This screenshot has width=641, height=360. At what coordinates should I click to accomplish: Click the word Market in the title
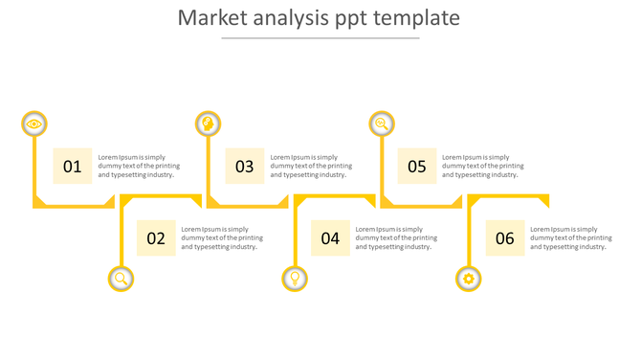[x=210, y=18]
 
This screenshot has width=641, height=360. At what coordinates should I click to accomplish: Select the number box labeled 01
[x=73, y=167]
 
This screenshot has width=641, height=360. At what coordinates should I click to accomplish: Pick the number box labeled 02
[x=156, y=238]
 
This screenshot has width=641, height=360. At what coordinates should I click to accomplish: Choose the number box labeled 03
[x=245, y=167]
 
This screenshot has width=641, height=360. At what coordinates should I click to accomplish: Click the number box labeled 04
[x=330, y=238]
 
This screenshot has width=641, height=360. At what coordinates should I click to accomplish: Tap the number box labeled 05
[x=417, y=167]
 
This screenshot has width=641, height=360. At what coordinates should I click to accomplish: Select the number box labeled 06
[x=505, y=238]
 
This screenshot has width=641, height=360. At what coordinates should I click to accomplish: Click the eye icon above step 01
[x=34, y=124]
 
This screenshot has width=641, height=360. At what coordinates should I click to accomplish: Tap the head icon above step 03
[x=208, y=124]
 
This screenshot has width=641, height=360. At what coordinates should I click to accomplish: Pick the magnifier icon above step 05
[x=382, y=124]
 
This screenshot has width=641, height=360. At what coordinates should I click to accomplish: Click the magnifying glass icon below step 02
[x=121, y=279]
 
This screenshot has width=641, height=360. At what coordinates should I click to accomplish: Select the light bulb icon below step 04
[x=295, y=279]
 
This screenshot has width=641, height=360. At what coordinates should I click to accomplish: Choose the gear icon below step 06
[x=468, y=279]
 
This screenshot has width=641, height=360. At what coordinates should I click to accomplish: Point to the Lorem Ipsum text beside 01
[x=139, y=166]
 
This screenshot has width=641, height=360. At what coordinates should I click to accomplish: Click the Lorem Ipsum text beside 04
[x=396, y=237]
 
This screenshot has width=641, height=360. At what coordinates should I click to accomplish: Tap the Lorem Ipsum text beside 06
[x=571, y=237]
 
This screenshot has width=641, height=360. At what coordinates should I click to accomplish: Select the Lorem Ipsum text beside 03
[x=311, y=166]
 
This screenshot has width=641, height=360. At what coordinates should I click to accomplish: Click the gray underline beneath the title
[x=320, y=38]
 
